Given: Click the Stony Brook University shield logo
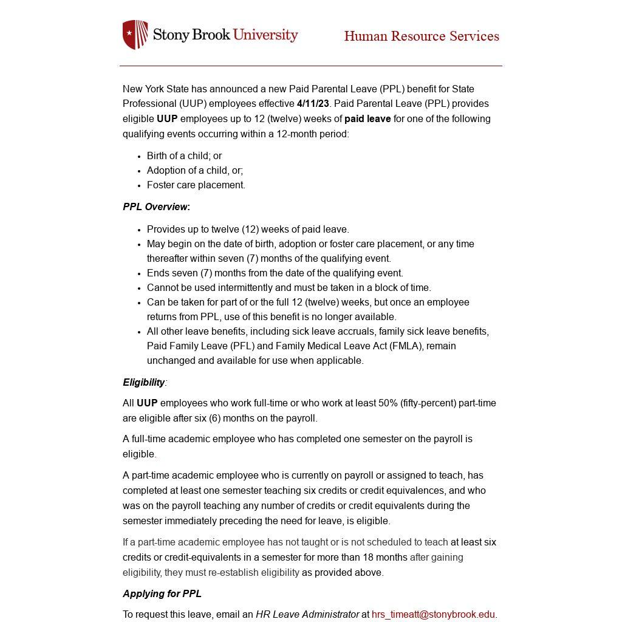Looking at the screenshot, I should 135,35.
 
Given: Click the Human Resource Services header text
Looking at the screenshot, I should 422,36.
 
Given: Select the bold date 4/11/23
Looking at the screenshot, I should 313,104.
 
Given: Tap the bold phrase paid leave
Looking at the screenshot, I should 367,119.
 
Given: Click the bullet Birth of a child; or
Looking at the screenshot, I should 184,156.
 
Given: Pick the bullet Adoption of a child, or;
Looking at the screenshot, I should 194,171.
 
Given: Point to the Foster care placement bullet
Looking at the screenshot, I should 196,185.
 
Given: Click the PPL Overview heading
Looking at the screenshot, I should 156,207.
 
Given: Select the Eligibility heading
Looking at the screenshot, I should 144,383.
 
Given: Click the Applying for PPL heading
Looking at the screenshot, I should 162,594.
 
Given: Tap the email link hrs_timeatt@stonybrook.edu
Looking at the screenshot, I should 433,615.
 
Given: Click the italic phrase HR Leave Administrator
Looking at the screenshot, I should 307,615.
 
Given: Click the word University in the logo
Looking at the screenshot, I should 265,35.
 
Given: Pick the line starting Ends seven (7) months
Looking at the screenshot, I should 275,273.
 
